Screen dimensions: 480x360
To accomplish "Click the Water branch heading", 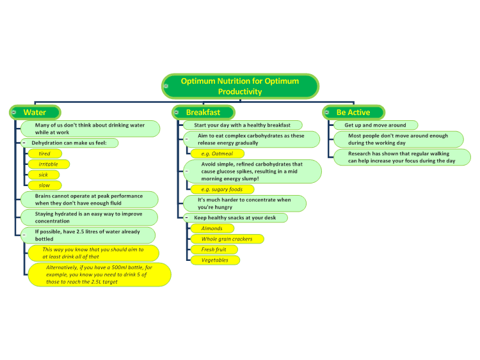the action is click(x=35, y=113).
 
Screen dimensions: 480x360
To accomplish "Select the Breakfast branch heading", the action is click(x=204, y=113).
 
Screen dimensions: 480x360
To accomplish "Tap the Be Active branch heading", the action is click(x=353, y=113).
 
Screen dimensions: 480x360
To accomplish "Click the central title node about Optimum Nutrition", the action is click(x=240, y=86).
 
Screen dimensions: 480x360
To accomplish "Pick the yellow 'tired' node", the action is click(x=45, y=153).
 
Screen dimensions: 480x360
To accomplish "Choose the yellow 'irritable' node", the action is click(x=49, y=164).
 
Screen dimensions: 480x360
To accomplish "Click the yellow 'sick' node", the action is click(x=44, y=175).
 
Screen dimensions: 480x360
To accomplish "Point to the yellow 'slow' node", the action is click(x=45, y=185).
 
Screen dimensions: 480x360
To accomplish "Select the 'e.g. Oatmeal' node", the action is click(x=218, y=153).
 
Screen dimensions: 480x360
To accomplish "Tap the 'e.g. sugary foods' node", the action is click(x=222, y=189).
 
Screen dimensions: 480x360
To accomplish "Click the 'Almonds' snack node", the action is click(x=212, y=228).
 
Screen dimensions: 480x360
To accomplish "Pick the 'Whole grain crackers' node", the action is click(x=227, y=239).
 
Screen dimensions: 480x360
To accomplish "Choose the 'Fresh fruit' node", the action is click(x=214, y=249).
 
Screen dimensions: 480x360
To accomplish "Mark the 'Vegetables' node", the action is click(x=215, y=260).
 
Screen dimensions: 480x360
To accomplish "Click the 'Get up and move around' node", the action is click(x=376, y=125).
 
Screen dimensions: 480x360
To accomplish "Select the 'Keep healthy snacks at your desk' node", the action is click(x=235, y=218).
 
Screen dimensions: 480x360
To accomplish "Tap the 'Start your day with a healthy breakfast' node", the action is click(x=243, y=125).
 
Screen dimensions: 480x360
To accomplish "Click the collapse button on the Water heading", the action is click(x=14, y=113).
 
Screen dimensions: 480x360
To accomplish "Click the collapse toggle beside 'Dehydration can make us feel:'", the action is click(x=24, y=143).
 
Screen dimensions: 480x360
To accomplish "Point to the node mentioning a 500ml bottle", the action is click(x=99, y=275).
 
